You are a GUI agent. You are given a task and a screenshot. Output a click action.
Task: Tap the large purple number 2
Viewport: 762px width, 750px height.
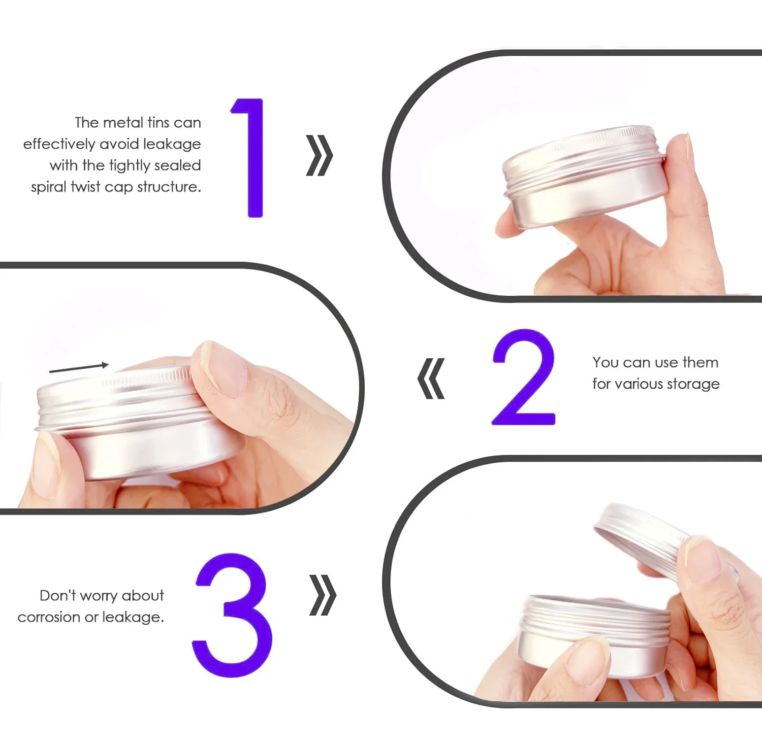coord(523,377)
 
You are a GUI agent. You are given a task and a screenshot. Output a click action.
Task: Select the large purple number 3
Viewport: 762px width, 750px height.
coord(232,615)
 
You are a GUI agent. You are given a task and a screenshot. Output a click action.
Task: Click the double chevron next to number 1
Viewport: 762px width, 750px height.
coord(319,155)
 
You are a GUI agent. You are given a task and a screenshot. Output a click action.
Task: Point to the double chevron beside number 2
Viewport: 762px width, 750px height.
coord(431,379)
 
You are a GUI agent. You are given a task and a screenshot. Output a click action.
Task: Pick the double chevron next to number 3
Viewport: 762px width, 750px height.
coord(323,595)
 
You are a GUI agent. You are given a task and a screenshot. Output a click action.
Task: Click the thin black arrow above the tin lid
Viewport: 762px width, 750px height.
coord(79,368)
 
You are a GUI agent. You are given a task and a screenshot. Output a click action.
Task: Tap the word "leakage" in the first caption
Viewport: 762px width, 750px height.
coord(172,145)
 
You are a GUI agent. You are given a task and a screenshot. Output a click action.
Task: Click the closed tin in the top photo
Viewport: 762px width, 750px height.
coord(585,176)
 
